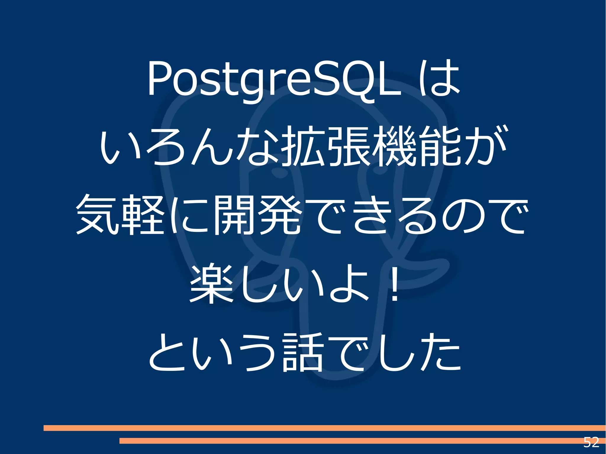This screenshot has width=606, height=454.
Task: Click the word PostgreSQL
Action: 274,79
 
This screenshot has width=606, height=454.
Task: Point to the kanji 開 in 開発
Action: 234,215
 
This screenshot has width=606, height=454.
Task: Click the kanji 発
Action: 280,215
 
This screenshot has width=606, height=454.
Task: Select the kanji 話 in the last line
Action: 302,353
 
